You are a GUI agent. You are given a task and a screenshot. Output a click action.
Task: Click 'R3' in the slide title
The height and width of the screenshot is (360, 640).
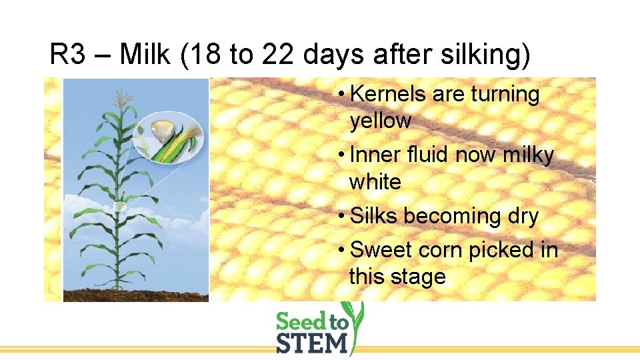(69, 55)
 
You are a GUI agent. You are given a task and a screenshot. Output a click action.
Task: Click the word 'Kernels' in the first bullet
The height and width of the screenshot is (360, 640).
(387, 95)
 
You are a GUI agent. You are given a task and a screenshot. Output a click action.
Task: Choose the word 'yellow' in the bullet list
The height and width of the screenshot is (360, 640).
(380, 121)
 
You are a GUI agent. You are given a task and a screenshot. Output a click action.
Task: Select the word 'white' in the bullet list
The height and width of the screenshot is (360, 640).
(375, 181)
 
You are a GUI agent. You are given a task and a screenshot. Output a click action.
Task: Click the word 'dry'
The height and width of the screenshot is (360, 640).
(521, 216)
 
